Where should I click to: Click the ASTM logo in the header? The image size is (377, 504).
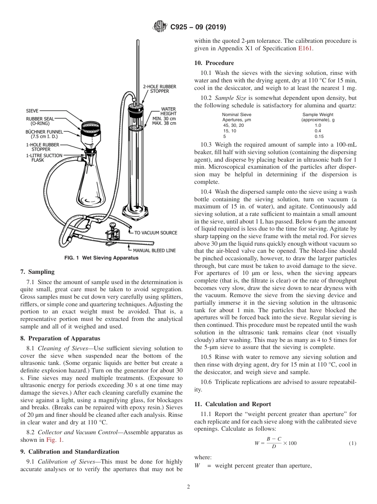point(160,27)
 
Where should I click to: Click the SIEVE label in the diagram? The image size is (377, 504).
point(32,111)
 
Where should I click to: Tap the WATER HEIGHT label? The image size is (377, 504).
point(168,111)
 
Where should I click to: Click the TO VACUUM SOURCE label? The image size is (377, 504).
point(156,233)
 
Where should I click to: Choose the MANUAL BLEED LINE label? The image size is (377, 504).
point(154,250)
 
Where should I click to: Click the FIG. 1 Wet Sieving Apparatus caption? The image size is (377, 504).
point(101,258)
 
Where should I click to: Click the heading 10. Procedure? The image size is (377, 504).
point(214,63)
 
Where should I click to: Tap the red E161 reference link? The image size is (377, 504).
point(305,48)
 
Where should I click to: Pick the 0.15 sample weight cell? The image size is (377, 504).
point(318,136)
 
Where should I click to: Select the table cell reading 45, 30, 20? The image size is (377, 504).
point(234,125)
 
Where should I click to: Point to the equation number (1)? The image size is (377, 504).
point(352,443)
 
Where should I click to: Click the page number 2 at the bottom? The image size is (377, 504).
point(188,487)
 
